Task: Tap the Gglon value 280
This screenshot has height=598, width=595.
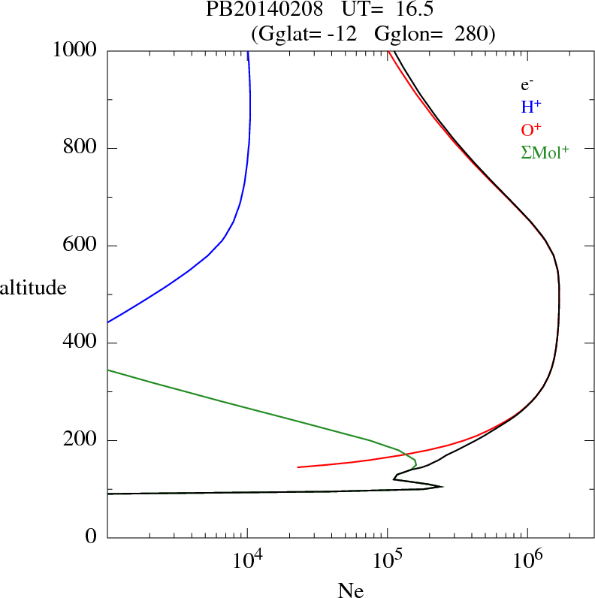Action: tap(472, 33)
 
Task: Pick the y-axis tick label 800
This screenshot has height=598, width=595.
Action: tap(82, 148)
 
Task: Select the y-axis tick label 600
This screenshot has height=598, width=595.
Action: tap(82, 246)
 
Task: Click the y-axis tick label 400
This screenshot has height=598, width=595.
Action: tap(82, 343)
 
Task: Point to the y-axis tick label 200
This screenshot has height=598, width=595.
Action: tap(82, 440)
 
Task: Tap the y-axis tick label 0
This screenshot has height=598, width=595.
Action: tap(92, 538)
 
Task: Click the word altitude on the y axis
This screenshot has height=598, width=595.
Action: tap(33, 288)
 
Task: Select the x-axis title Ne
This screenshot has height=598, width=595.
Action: tap(351, 590)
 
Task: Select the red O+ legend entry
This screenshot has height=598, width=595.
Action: tap(530, 130)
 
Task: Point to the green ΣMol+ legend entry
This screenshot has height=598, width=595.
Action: tap(544, 152)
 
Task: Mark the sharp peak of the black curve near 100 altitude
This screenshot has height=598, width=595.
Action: tap(442, 487)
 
